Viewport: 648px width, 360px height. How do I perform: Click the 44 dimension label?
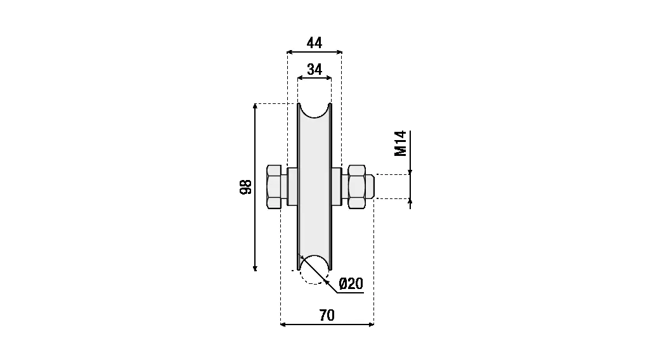[x=314, y=43]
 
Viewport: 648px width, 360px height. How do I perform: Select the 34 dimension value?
[x=314, y=70]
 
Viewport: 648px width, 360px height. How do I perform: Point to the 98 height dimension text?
[x=246, y=187]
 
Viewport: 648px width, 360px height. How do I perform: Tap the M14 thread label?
[x=401, y=143]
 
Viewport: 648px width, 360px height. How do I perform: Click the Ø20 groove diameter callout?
[x=351, y=283]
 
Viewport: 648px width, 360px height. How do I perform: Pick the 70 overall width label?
[x=327, y=316]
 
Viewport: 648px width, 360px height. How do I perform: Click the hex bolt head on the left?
[x=274, y=186]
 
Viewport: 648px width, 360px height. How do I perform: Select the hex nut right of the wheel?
[x=356, y=186]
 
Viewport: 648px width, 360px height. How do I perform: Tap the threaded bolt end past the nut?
[x=370, y=186]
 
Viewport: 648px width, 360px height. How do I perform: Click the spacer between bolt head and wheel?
[x=292, y=186]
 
